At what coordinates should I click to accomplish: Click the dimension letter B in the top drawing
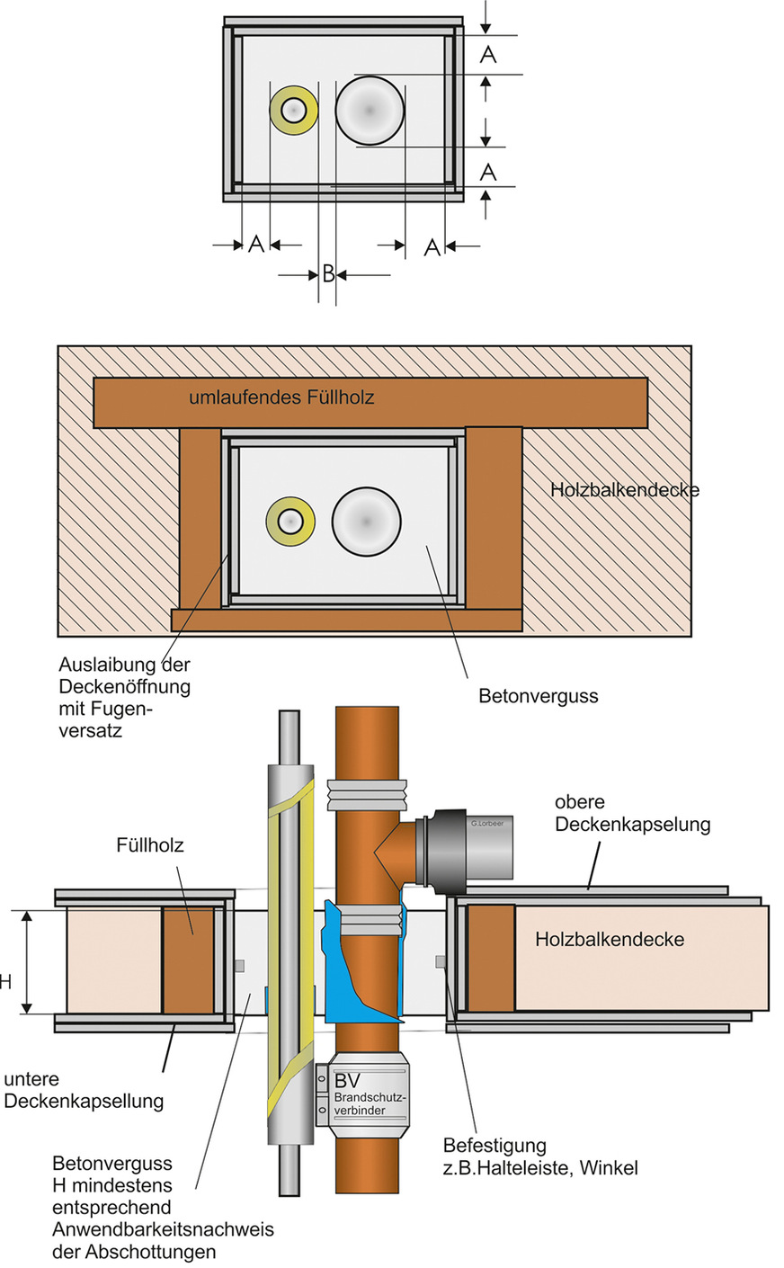tap(328, 273)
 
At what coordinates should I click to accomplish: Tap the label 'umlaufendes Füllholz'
tap(281, 397)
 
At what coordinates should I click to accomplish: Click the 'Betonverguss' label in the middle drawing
tap(538, 696)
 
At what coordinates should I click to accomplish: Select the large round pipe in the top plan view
tap(370, 110)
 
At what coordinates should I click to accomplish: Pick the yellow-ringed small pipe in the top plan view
tap(293, 111)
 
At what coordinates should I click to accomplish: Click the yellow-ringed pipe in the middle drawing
tap(290, 521)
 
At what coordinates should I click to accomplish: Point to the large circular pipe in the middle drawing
tap(366, 522)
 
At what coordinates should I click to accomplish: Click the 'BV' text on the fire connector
tap(347, 1080)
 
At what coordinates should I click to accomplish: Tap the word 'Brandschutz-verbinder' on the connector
tap(370, 1104)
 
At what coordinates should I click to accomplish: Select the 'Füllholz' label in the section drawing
tap(149, 845)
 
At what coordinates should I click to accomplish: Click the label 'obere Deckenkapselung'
tap(632, 813)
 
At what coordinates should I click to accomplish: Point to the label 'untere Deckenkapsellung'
tap(84, 1090)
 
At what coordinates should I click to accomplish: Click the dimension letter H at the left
tap(5, 981)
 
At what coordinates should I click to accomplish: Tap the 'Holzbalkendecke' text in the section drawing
tap(610, 940)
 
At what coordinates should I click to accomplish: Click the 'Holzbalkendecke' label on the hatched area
tap(624, 490)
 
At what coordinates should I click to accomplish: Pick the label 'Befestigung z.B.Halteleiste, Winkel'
tap(540, 1156)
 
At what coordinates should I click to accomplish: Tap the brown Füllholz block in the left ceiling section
tap(188, 959)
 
